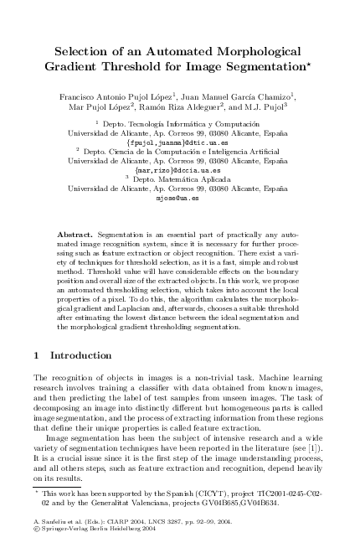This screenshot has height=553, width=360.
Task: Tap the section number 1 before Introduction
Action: (36, 355)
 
